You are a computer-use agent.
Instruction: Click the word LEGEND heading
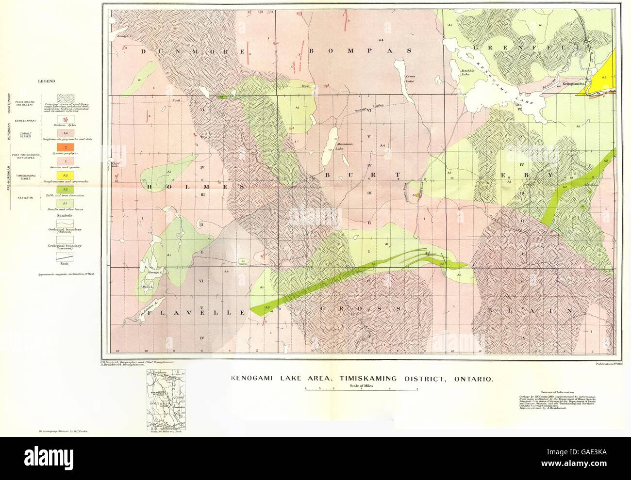[x=47, y=81]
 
